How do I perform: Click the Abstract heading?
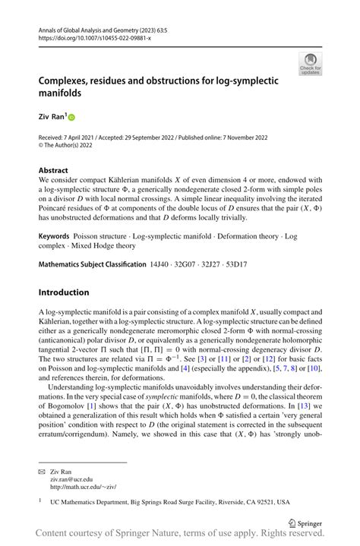coord(53,171)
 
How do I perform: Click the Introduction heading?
coord(64,292)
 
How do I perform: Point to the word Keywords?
coord(56,236)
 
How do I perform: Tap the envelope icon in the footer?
coord(43,471)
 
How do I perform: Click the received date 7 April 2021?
coord(83,137)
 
